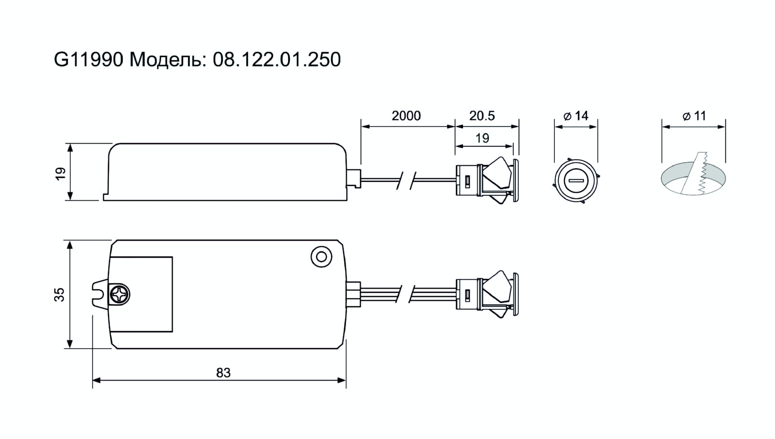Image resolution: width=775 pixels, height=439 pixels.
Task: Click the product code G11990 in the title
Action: pyautogui.click(x=88, y=59)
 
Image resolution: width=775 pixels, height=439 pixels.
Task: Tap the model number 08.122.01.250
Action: pyautogui.click(x=277, y=59)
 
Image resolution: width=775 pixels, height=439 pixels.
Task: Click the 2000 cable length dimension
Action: pyautogui.click(x=406, y=116)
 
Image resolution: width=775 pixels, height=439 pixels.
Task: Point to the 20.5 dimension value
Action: pyautogui.click(x=482, y=116)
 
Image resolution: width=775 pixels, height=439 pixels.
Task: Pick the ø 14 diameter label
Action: pyautogui.click(x=576, y=116)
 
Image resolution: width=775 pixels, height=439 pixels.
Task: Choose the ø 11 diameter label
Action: pyautogui.click(x=695, y=116)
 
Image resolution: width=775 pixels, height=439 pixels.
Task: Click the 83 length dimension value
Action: pyautogui.click(x=223, y=373)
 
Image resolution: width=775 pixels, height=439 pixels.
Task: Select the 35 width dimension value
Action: pyautogui.click(x=59, y=294)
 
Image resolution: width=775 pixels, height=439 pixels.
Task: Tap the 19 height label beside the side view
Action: pyautogui.click(x=60, y=174)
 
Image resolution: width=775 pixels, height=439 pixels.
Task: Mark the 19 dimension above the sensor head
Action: pyautogui.click(x=482, y=138)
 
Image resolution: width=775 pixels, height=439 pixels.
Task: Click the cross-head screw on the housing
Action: pyautogui.click(x=119, y=295)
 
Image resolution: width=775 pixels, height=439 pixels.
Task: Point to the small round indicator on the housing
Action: pyautogui.click(x=321, y=257)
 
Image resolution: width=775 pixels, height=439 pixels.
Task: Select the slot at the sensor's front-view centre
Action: pyautogui.click(x=576, y=181)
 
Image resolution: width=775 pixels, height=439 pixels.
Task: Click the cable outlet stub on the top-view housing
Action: pyautogui.click(x=353, y=294)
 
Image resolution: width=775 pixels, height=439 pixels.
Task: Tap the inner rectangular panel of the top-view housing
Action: pyautogui.click(x=141, y=294)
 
